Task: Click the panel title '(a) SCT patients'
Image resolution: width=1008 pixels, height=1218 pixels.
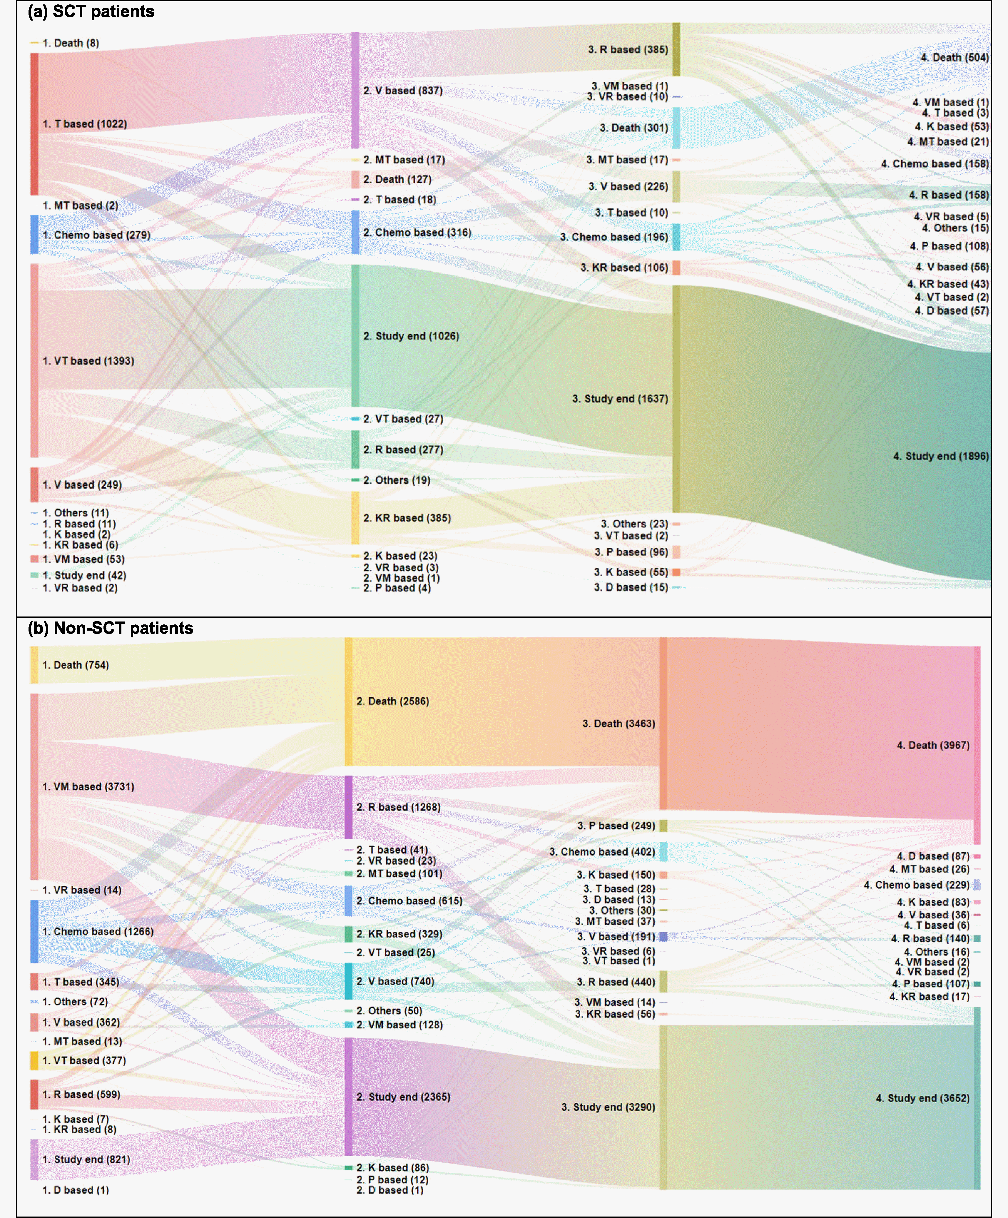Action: pos(91,11)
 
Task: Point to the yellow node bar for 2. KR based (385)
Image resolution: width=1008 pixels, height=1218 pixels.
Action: pos(355,518)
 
